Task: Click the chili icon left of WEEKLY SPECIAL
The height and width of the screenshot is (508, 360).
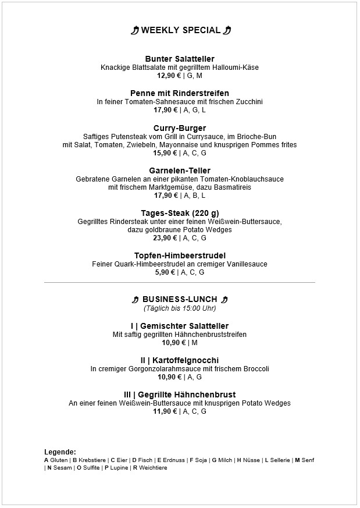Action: [135, 31]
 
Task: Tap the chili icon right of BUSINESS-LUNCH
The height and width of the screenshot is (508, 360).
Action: [224, 300]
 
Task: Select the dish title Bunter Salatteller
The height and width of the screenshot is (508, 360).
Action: [180, 59]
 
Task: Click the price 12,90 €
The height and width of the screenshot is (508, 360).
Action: [169, 76]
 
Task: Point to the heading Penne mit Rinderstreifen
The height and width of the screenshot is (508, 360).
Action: [180, 93]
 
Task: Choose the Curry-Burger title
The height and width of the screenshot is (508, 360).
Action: [180, 128]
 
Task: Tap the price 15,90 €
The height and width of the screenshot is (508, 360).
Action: [165, 153]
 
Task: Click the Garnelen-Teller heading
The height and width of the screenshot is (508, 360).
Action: [180, 170]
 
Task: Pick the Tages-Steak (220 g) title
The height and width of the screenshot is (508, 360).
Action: [180, 213]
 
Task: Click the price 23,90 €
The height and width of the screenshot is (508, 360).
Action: [165, 238]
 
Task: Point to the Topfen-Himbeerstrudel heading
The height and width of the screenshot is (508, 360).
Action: [180, 255]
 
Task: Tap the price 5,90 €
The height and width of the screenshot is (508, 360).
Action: [165, 272]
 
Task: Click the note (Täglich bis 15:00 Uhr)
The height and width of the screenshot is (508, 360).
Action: [180, 308]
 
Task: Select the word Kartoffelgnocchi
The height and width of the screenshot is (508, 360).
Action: [186, 360]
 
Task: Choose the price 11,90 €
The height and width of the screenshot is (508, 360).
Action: [165, 411]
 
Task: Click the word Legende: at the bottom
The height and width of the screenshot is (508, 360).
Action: [60, 452]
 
